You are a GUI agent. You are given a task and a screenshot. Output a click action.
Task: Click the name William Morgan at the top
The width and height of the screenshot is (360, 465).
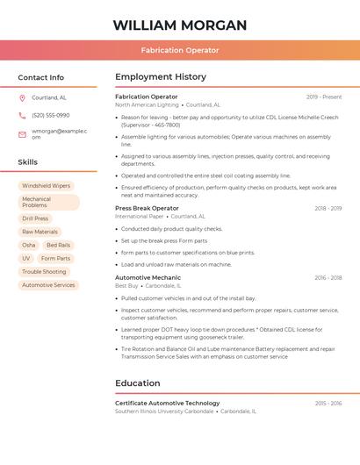180,25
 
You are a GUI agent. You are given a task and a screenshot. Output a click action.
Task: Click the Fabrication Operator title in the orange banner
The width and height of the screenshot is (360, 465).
180,50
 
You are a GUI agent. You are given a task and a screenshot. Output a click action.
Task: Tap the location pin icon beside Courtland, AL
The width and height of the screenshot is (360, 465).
22,97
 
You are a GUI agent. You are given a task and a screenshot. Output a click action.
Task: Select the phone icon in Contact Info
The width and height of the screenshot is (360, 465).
22,116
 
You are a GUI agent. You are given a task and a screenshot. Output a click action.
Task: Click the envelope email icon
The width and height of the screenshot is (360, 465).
22,133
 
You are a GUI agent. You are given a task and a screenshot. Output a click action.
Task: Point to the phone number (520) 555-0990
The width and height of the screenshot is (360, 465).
51,116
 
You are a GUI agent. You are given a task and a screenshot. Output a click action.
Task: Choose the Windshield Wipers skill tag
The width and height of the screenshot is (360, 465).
47,186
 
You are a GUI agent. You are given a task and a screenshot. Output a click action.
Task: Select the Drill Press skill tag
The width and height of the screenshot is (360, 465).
35,218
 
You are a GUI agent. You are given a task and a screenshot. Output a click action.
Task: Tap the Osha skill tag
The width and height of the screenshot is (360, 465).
29,245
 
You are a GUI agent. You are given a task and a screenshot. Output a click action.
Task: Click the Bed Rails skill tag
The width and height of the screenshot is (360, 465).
59,245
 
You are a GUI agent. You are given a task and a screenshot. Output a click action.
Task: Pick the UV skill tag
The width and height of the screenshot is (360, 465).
26,259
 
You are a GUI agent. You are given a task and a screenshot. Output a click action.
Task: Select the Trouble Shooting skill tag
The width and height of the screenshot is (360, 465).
44,272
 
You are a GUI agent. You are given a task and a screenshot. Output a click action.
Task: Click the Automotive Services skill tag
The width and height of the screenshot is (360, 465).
48,285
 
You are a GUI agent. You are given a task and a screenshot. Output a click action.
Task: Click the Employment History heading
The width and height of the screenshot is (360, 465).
161,77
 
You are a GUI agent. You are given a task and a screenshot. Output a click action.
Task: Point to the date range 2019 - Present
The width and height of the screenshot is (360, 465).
324,97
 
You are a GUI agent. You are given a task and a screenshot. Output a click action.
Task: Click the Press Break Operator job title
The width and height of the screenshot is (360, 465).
147,208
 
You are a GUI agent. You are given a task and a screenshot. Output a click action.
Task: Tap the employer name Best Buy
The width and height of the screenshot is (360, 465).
126,285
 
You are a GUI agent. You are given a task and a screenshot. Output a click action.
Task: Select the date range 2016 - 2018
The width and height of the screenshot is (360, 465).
328,277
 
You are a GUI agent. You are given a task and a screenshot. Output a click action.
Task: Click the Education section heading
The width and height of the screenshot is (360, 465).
138,383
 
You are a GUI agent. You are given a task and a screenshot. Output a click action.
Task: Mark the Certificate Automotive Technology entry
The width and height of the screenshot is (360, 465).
168,403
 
